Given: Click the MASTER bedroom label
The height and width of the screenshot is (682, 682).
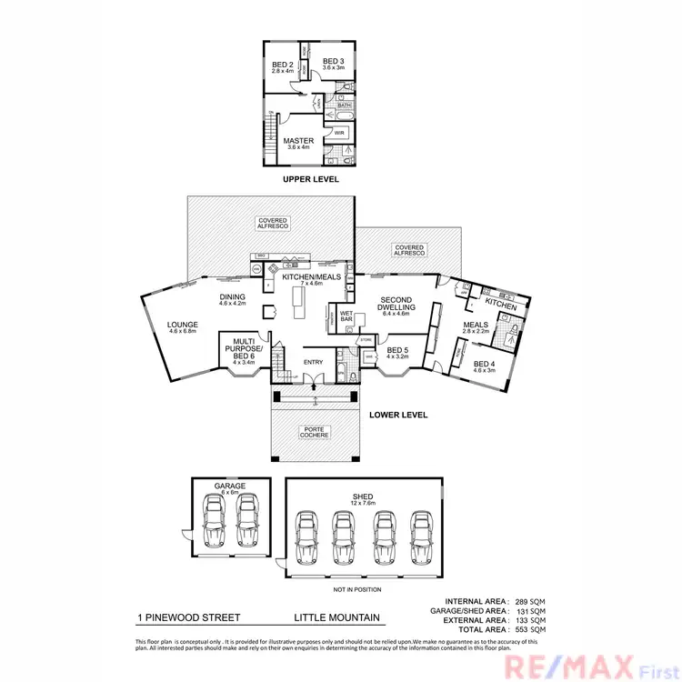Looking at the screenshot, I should click(x=297, y=141).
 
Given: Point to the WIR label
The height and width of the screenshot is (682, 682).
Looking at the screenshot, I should click(x=338, y=133).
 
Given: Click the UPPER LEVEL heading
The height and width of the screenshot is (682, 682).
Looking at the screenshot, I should click(x=310, y=180).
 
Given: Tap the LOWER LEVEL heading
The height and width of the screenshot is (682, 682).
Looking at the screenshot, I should click(x=398, y=415).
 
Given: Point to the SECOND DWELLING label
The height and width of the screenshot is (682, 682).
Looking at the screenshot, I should click(x=396, y=305).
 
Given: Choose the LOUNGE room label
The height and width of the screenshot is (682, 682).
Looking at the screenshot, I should click(x=183, y=323).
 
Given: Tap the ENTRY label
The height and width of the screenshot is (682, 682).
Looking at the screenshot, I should click(x=313, y=362).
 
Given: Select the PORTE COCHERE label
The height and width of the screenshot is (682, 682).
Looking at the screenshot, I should click(x=315, y=432).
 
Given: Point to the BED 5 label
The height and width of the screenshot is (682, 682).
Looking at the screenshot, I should click(x=396, y=350).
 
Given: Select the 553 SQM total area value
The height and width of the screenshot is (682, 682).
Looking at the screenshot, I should click(x=527, y=629).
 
